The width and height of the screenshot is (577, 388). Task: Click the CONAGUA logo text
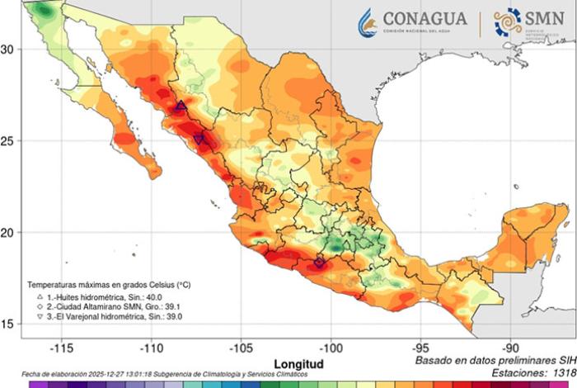[425, 19]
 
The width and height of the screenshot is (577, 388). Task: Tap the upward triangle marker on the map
[181, 106]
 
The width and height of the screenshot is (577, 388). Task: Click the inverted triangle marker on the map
[200, 140]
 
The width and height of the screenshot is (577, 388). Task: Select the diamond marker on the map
[320, 263]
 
